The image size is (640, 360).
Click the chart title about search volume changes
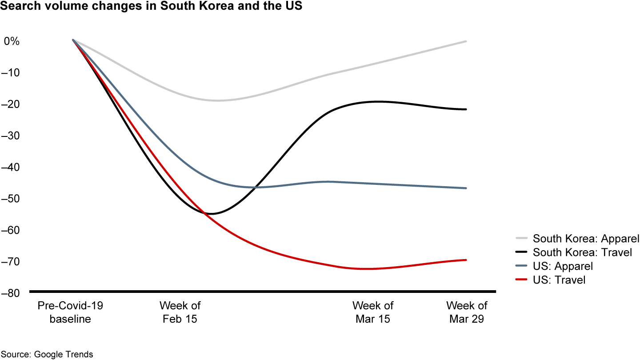151,8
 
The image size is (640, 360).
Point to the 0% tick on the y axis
11,41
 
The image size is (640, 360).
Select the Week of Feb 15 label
180,312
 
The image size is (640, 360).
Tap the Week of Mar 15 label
372,312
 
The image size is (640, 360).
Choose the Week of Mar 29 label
466,312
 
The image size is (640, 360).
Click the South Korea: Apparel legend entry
578,239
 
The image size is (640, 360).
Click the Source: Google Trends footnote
47,354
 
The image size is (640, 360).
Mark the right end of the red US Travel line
466,260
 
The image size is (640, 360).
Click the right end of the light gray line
466,41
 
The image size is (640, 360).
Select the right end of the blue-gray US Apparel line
466,188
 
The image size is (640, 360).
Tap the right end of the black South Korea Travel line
466,109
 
